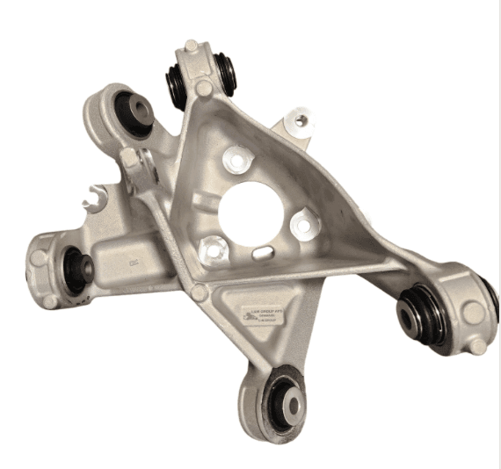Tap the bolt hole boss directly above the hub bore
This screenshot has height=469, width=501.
(x=238, y=159)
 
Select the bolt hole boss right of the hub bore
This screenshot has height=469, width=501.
(x=303, y=224)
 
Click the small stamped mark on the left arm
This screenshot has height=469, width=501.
(x=134, y=261)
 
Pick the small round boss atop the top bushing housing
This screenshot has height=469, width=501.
(x=192, y=45)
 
